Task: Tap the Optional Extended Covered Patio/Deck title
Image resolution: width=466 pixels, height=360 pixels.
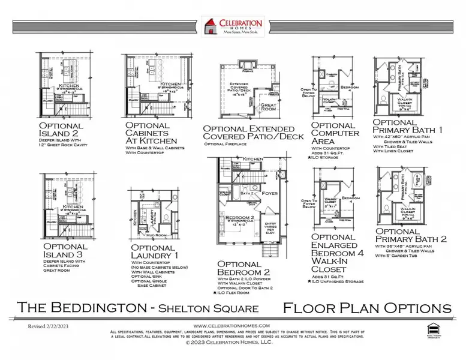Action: pyautogui.click(x=248, y=133)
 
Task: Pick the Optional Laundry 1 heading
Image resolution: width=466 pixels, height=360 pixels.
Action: pyautogui.click(x=153, y=251)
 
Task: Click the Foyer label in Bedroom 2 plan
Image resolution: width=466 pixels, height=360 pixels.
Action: pyautogui.click(x=268, y=193)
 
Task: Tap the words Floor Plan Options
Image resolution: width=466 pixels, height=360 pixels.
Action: pyautogui.click(x=366, y=308)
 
